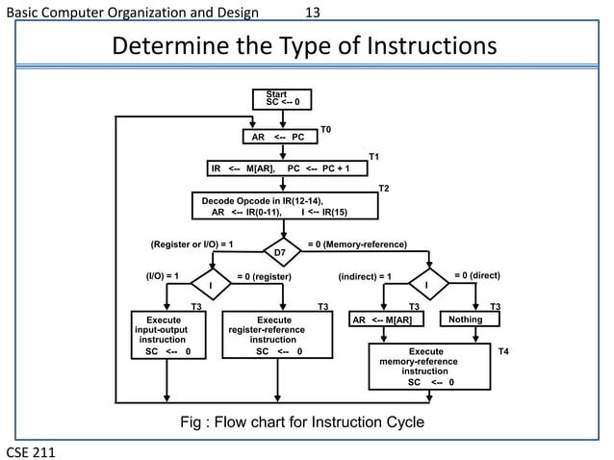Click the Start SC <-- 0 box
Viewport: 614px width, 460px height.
coord(282,98)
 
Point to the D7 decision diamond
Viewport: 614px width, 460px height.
coord(282,251)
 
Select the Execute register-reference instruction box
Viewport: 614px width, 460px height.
coord(278,335)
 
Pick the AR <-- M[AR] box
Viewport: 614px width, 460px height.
coord(385,319)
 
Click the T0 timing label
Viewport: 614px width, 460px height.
coord(325,128)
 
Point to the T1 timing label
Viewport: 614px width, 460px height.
coord(375,155)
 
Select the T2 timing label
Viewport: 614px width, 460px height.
coord(383,188)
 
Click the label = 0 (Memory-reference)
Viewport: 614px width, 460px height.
coord(356,243)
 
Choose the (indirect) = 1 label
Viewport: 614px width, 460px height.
coord(366,276)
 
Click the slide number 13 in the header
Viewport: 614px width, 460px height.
coord(312,12)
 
